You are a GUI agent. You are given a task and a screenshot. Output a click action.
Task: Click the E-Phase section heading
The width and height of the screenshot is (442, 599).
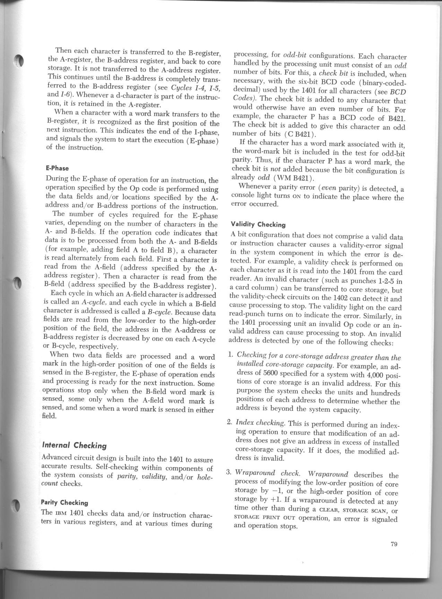click(x=57, y=168)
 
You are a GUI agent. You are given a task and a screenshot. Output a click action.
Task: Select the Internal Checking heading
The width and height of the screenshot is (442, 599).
click(x=74, y=446)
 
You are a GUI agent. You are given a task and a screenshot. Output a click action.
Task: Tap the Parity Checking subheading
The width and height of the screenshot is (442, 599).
click(x=64, y=502)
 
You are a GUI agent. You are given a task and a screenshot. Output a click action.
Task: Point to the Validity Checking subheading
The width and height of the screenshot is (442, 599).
click(x=258, y=225)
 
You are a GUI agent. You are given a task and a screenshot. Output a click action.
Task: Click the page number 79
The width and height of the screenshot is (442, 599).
click(x=393, y=544)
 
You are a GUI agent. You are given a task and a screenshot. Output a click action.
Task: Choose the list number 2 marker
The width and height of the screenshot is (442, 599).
click(x=229, y=422)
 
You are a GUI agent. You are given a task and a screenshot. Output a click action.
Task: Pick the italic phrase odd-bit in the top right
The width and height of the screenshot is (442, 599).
click(x=294, y=56)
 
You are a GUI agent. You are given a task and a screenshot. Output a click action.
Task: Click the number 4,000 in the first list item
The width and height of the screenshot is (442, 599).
click(x=374, y=375)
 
